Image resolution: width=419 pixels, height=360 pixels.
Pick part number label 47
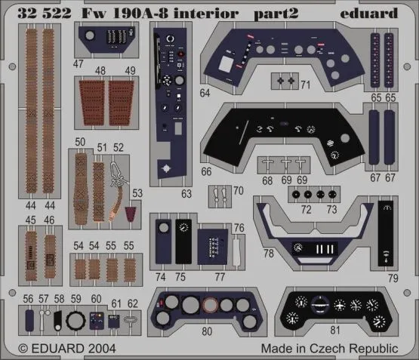(79, 65)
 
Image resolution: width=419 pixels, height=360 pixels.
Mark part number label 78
(269, 254)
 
